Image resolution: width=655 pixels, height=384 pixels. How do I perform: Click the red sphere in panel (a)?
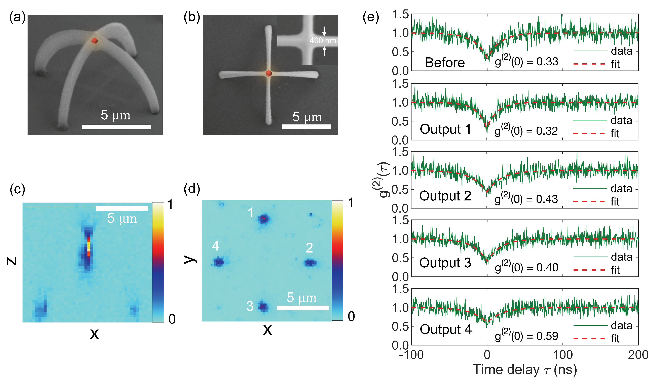(x=95, y=41)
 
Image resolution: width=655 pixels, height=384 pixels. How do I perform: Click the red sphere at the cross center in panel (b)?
(x=269, y=74)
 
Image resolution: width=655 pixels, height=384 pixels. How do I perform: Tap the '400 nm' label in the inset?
(x=323, y=41)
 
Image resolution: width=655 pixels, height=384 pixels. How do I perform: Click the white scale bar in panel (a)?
(x=117, y=127)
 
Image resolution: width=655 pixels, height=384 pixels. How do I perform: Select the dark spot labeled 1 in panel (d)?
(x=264, y=219)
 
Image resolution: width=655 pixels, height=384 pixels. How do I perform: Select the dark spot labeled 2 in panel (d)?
(x=310, y=263)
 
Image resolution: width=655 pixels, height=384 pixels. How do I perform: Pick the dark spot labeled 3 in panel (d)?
(x=263, y=307)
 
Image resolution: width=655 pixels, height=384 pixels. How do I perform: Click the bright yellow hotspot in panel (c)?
(x=89, y=245)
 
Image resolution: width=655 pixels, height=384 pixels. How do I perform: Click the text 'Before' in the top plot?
(x=445, y=63)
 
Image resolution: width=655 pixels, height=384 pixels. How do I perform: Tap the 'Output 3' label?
(x=445, y=263)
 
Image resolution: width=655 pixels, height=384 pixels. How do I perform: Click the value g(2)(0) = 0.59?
(x=526, y=336)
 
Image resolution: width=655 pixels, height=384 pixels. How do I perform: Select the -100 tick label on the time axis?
(x=411, y=355)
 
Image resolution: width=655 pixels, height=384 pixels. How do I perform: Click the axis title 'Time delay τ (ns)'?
(x=524, y=370)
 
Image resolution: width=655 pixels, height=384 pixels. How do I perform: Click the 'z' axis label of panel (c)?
(x=12, y=261)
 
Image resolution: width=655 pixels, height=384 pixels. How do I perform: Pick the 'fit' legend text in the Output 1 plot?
(x=615, y=133)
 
